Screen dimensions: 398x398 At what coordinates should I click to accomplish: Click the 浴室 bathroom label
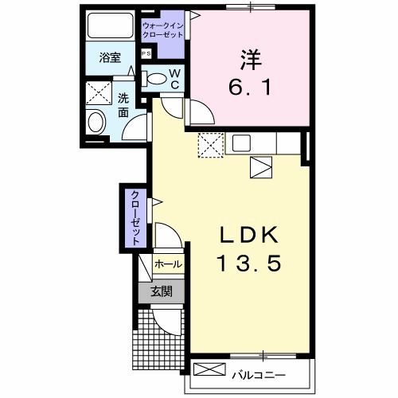tap(109, 59)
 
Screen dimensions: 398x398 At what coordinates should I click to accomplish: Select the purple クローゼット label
tap(135, 217)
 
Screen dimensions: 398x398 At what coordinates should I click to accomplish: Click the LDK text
tap(248, 235)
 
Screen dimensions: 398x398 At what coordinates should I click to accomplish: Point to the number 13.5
tap(248, 263)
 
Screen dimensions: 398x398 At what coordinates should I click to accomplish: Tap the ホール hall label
tap(168, 263)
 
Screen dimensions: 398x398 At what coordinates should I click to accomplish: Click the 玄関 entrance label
tap(162, 291)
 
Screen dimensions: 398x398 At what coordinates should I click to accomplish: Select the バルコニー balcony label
tap(259, 372)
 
